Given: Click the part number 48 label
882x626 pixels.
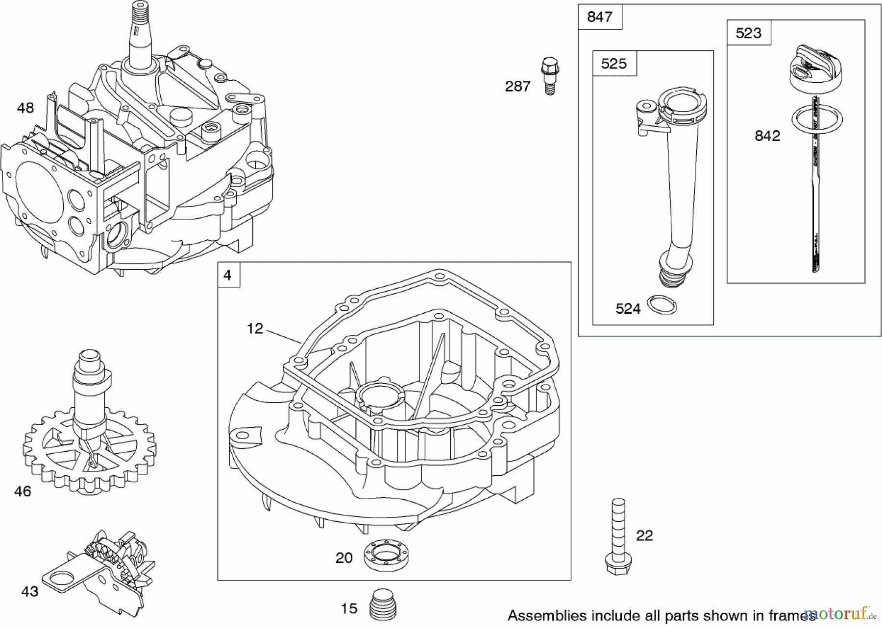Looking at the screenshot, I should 25,108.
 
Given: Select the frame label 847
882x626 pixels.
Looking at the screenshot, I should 600,17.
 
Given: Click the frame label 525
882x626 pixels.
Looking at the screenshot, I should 614,64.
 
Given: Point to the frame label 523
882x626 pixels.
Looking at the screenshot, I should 748,33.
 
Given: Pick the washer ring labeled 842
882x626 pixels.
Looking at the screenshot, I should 817,119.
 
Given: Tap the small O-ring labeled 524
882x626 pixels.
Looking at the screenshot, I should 662,305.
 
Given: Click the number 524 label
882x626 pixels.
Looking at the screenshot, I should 628,309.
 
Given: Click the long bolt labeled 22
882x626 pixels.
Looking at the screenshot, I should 618,536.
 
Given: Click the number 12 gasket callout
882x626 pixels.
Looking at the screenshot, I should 255,328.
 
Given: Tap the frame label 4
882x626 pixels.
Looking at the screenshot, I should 228,275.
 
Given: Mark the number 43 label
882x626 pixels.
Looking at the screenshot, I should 29,592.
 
